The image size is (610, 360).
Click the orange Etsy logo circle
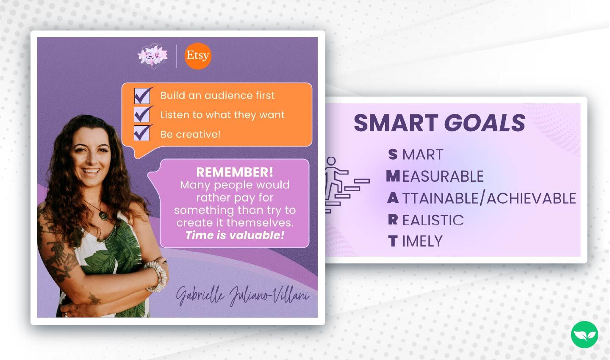coord(198,55)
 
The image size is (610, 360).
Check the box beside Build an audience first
coord(142,96)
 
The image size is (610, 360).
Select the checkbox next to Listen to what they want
coord(142,115)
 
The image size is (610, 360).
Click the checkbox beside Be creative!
coord(142,133)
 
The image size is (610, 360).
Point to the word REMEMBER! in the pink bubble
coord(235,172)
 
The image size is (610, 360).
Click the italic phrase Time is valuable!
coord(235,235)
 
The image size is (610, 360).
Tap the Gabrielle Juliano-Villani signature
coord(242,295)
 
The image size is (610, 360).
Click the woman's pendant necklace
coord(103,215)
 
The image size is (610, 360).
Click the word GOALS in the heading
coord(485,123)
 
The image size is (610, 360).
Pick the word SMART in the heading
coord(396,123)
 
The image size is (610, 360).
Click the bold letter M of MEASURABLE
coord(393,176)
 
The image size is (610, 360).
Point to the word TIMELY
coord(422,241)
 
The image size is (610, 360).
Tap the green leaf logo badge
coord(584,335)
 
